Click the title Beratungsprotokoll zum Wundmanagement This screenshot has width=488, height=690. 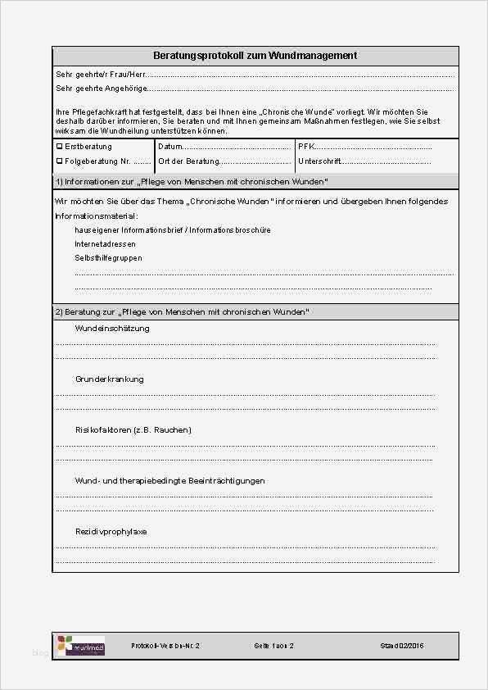[255, 56]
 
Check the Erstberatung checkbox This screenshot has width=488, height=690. [59, 147]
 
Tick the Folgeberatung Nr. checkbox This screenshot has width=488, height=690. [59, 161]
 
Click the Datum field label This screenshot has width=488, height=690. [170, 147]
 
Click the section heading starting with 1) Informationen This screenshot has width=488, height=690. [192, 181]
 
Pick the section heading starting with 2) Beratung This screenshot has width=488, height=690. [182, 312]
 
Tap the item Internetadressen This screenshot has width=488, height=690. [105, 244]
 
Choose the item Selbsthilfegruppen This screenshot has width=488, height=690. [108, 258]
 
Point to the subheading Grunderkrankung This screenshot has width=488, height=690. [109, 379]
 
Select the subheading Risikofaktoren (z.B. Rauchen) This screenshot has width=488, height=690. [133, 430]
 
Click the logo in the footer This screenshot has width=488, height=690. [80, 646]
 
